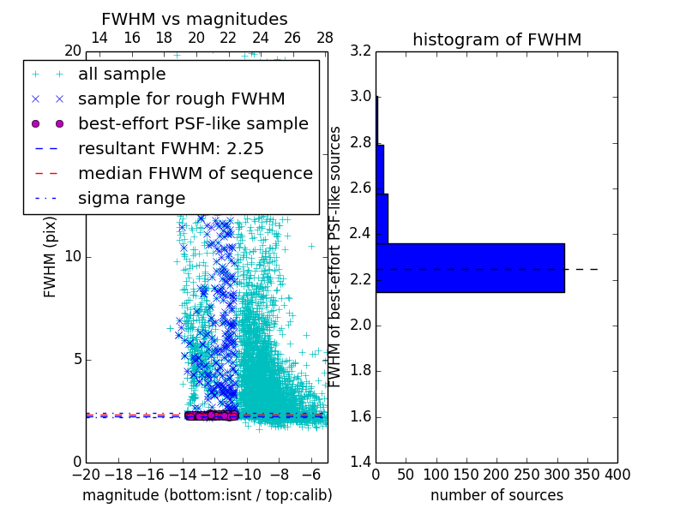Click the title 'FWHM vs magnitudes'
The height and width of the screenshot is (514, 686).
pos(195,19)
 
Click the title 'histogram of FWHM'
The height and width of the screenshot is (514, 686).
pos(496,39)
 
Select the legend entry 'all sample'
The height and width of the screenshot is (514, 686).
pos(122,75)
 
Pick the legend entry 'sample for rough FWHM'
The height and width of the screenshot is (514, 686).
pos(181,99)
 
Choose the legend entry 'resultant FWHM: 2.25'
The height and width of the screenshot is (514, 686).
pos(171,148)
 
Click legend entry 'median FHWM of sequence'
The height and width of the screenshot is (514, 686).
pos(195,173)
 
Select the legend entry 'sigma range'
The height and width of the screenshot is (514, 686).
pos(131,198)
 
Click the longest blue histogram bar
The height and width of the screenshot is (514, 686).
pos(470,267)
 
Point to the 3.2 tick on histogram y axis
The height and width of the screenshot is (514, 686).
pos(361,51)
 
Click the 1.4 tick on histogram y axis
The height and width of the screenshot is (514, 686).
pos(361,463)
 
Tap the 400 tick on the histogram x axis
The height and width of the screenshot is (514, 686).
pos(617,474)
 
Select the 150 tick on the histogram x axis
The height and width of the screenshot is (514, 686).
pos(466,474)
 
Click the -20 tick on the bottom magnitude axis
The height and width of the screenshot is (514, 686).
pos(86,474)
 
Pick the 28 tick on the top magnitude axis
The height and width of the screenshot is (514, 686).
pos(324,38)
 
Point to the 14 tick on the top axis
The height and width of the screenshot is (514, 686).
pos(99,38)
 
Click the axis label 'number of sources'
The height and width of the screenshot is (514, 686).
pos(496,495)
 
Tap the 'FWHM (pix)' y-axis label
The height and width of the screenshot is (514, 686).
pos(51,257)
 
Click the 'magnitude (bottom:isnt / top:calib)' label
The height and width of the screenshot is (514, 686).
pos(207,495)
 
